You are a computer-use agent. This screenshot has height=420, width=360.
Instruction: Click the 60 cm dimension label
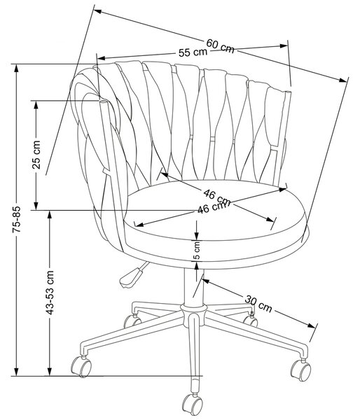coord(220,45)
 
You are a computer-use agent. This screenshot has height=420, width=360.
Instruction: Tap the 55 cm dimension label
coord(193,52)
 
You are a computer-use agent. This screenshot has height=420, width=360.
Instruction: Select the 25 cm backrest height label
coord(36,155)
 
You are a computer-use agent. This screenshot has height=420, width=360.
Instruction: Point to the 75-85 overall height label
coord(16,219)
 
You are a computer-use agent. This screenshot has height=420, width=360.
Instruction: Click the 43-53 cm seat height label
coord(50,292)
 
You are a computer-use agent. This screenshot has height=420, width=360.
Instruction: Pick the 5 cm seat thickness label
coord(197,251)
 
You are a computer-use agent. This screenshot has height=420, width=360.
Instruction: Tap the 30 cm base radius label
coord(258,304)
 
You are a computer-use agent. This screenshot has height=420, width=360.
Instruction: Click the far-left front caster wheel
coord(81,366)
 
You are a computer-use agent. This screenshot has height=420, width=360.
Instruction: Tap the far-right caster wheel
coord(301,370)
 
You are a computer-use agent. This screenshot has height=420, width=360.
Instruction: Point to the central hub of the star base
coord(193,312)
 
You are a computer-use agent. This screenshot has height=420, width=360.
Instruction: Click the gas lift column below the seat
coord(193,286)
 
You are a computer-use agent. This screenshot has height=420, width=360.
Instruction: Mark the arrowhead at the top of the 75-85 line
coord(16,68)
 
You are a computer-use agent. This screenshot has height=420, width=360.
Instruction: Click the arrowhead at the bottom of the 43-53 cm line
coord(49,372)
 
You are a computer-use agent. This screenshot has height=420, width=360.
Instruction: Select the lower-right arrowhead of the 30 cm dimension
coord(311,325)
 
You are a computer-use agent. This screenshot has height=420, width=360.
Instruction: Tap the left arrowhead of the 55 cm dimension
coord(102,58)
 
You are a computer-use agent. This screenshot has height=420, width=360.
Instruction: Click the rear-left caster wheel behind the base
coord(132,321)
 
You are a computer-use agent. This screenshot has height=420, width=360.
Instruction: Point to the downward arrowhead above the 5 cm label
coord(197,237)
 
